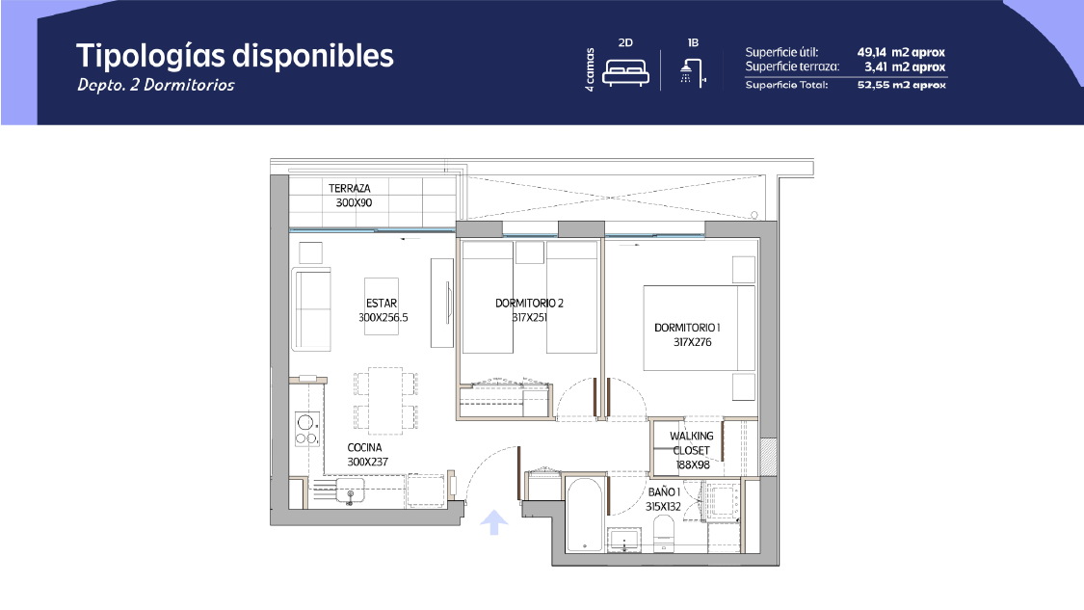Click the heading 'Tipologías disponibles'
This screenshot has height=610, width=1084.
(x=234, y=57)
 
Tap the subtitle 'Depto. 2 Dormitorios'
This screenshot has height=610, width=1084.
(x=155, y=85)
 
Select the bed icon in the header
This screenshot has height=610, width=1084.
(x=625, y=72)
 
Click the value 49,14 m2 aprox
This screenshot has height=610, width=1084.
(x=901, y=53)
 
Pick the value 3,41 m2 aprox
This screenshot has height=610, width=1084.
(x=904, y=67)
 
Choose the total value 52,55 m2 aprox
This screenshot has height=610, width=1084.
(x=902, y=85)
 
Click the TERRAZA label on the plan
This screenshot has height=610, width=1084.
(x=349, y=188)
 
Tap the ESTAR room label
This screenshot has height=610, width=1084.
(x=382, y=303)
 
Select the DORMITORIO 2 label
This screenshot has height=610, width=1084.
(x=529, y=303)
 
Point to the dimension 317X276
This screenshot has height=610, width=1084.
(x=692, y=342)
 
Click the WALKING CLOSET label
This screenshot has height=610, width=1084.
(x=691, y=442)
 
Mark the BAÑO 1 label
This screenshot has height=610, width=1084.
(x=664, y=491)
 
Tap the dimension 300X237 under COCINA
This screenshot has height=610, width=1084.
(x=367, y=462)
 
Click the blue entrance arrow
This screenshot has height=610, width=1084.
(x=493, y=522)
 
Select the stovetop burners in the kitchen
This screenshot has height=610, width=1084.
(x=307, y=429)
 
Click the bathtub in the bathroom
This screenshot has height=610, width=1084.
(x=584, y=516)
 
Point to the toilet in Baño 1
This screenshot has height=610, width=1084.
(x=664, y=535)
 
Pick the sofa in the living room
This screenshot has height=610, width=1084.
(x=311, y=309)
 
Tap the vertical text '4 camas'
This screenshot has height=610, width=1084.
(x=590, y=69)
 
